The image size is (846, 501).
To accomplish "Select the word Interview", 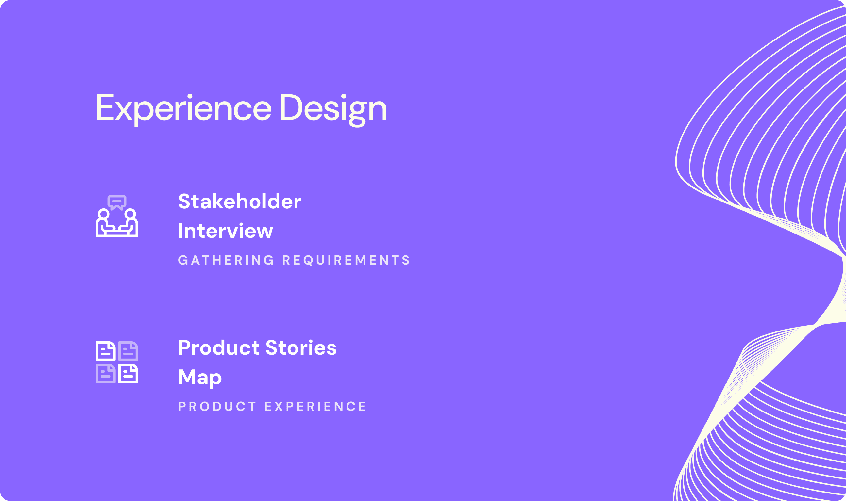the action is coord(226,231).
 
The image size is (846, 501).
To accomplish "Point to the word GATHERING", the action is coord(226,260).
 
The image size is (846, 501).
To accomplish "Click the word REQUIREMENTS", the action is coord(346,260).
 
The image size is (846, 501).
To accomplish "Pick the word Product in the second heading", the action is coord(219,348).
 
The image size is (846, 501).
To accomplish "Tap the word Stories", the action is coord(301,348).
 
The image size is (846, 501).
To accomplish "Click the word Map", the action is coord(200,378).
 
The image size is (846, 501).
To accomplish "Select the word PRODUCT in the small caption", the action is coord(217,407).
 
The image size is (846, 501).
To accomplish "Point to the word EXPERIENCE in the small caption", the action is coord(315,407).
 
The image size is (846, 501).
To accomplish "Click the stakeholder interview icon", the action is coord(117,216).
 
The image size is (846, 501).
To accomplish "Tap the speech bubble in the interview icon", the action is coord(117,202).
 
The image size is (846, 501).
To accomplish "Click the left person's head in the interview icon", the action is coord(103,214).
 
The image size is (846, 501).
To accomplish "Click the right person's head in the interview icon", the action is coord(130,214).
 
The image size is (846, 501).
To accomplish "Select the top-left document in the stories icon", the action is coord(106,351).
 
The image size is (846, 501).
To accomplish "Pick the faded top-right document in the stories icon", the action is coord(128,351).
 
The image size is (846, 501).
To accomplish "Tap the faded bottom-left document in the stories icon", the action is coord(106,373).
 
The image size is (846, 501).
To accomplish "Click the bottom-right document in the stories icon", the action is coord(128,373).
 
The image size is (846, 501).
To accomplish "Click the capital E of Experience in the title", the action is coord(105,107).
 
